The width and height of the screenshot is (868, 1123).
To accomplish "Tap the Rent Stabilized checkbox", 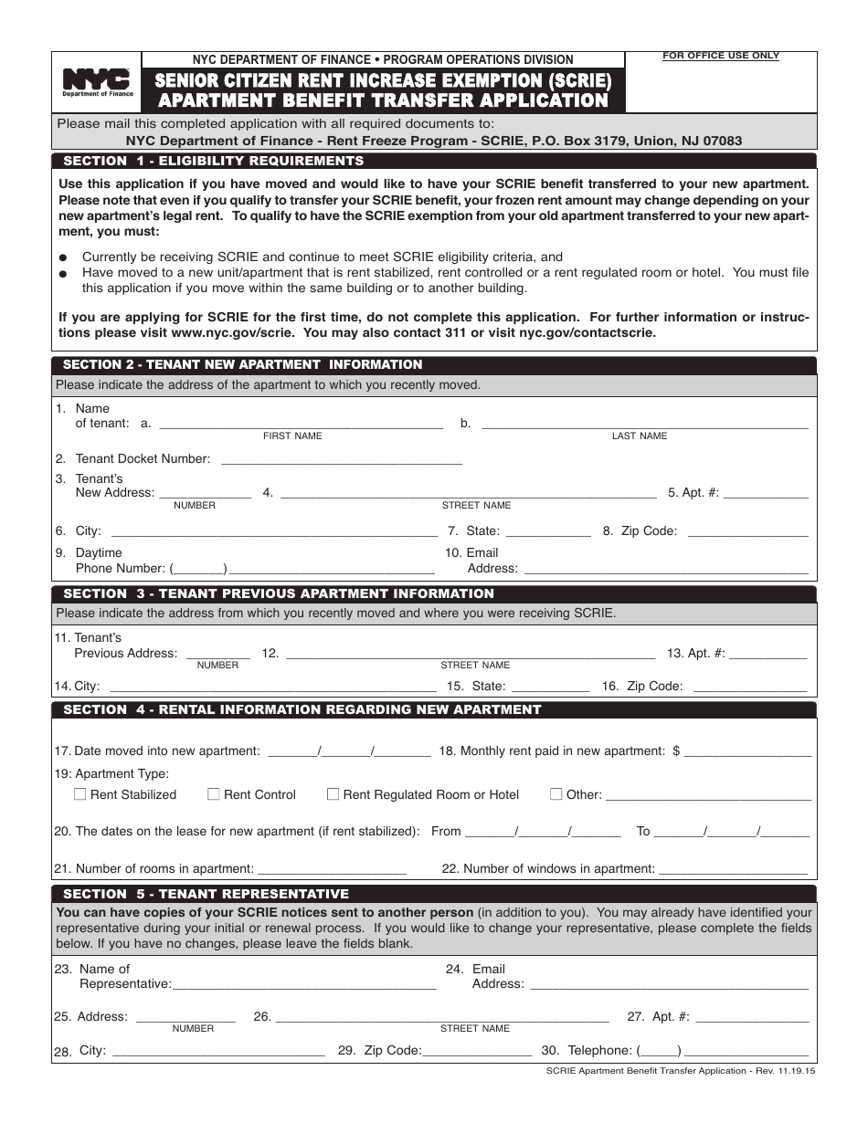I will click(x=80, y=794).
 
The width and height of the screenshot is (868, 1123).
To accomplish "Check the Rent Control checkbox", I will click(x=214, y=794).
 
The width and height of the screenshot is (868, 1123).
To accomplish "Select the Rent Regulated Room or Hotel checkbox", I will click(x=333, y=794).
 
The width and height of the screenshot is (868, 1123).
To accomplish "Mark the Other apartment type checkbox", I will click(x=556, y=794).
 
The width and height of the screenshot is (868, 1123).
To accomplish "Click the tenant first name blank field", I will click(x=302, y=424).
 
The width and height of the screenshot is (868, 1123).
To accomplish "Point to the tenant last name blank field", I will click(x=644, y=424).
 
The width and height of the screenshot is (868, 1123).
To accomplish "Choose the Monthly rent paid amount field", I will click(x=747, y=751).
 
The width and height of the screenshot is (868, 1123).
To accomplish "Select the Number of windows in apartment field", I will click(x=733, y=869).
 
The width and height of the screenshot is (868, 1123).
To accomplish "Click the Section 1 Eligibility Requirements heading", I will click(x=213, y=161).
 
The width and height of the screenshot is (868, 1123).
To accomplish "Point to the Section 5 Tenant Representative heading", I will click(x=206, y=894).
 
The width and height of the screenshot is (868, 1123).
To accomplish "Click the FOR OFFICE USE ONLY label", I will click(x=721, y=56).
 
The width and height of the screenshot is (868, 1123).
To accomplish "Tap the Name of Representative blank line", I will click(x=303, y=984).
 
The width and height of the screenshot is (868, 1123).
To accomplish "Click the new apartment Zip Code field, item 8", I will click(x=747, y=531).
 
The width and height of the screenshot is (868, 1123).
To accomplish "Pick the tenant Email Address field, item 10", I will click(x=664, y=569).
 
